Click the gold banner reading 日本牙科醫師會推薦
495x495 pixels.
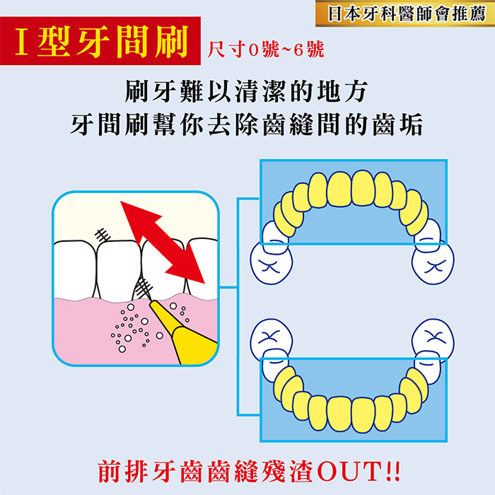pos(405,13)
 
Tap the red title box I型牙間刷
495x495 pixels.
pos(100,41)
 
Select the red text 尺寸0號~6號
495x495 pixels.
pos(265,50)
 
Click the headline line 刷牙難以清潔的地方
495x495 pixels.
pos(247,91)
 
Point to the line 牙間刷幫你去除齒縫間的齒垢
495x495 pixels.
pos(247,124)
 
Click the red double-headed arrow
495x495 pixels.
pos(162,242)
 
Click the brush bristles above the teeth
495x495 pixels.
pos(103,235)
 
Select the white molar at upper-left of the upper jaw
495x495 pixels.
pos(272,264)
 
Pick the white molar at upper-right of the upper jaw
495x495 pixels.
pos(433,264)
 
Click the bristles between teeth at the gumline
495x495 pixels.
pos(144,288)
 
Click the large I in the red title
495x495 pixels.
pos(21,41)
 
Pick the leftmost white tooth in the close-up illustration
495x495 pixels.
pos(74,270)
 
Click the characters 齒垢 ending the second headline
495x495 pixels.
pos(397,124)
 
